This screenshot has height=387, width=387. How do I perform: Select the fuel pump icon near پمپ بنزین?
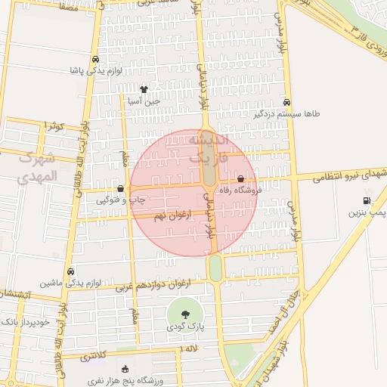point(367,200)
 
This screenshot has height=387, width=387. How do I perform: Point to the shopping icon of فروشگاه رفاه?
point(241,179)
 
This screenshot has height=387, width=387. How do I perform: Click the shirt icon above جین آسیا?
point(144,89)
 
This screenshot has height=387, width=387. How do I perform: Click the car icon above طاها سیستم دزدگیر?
point(286,101)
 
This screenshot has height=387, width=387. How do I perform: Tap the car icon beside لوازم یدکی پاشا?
point(94,59)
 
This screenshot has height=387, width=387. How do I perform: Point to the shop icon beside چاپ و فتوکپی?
point(120,188)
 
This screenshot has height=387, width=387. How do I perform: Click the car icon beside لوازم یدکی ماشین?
point(71,271)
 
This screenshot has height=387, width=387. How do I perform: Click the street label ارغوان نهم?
point(171,216)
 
